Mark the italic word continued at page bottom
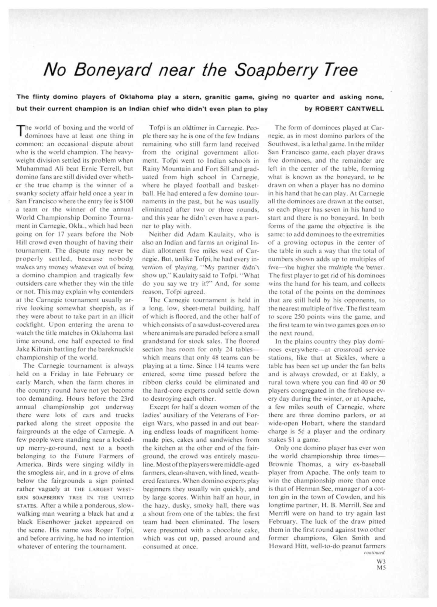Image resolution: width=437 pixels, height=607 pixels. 374,553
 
